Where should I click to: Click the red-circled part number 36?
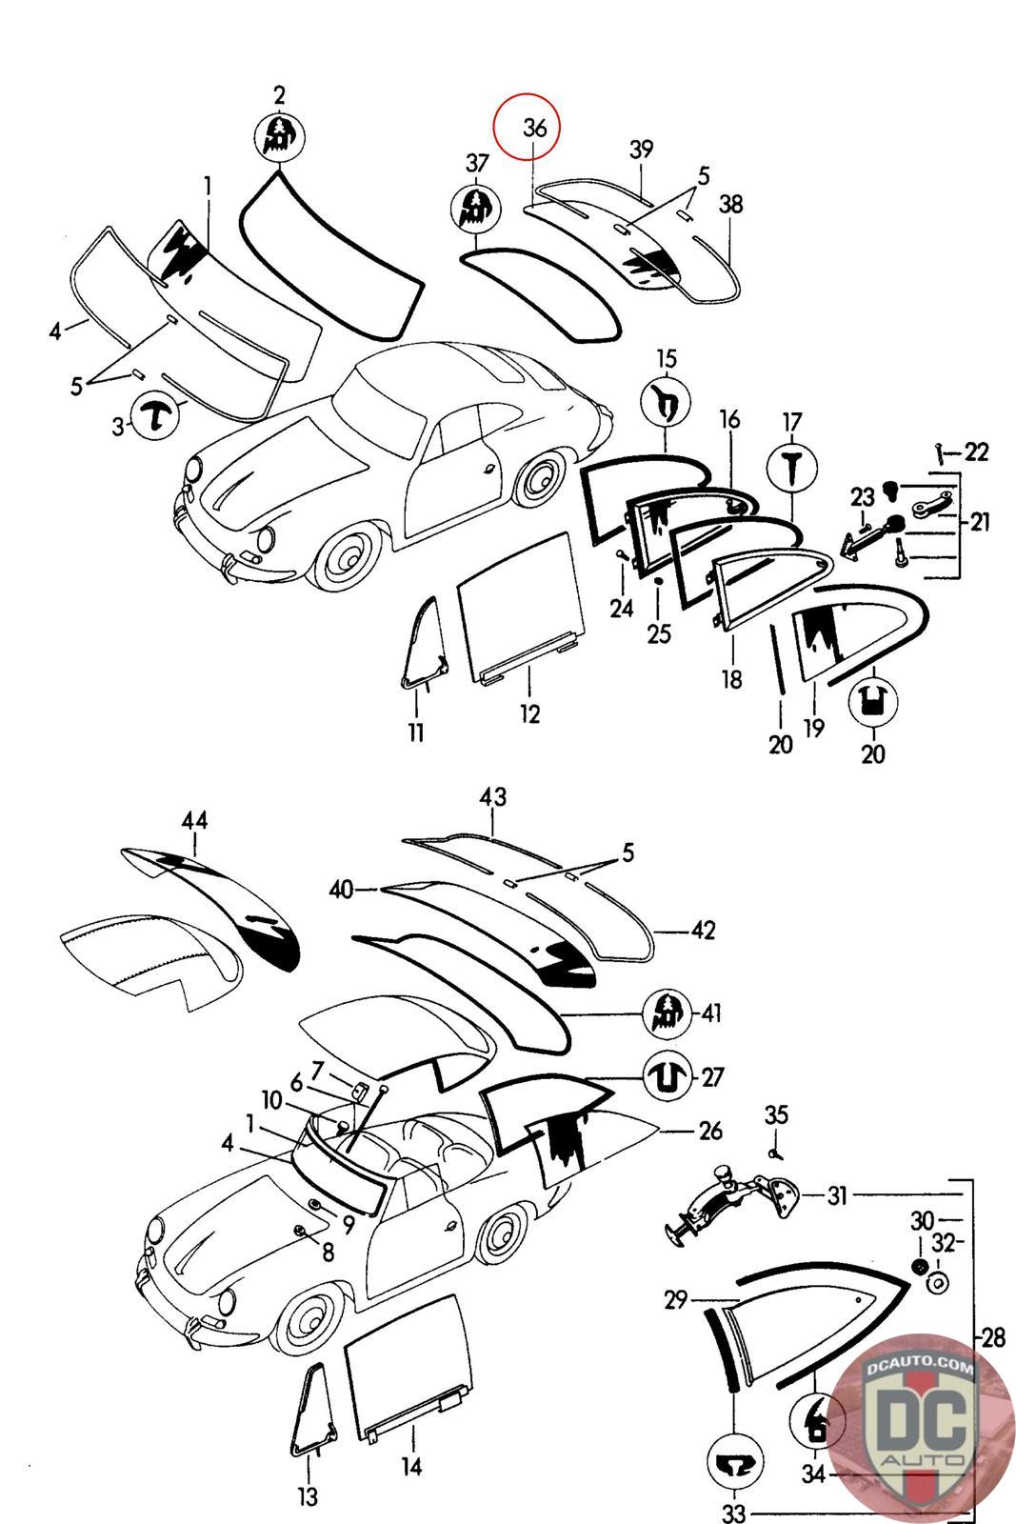pos(535,128)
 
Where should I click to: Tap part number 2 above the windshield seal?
pos(279,95)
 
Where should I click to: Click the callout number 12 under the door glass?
pos(529,712)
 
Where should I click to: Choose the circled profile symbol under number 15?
pos(667,402)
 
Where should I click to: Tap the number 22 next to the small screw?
pos(976,451)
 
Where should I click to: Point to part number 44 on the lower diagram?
pos(195,820)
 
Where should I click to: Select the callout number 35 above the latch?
pos(777,1115)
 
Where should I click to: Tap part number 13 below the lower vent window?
pos(308,1496)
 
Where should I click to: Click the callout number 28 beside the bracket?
pos(992,1338)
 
